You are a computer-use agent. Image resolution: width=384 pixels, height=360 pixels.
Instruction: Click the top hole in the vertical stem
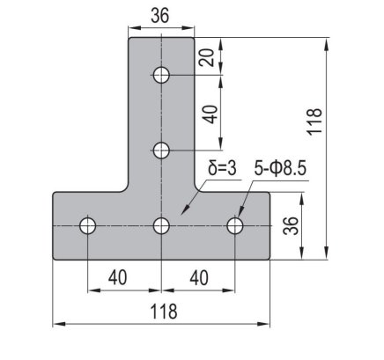161,74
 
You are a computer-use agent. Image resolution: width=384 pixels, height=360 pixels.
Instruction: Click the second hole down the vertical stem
161,150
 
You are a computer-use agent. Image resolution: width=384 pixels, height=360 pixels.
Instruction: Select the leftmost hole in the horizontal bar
87,226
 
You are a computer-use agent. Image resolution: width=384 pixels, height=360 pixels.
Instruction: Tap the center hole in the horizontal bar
161,226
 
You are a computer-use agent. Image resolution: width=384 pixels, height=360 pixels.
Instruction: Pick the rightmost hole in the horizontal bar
235,226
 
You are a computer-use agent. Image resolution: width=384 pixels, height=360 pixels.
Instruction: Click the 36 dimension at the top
161,15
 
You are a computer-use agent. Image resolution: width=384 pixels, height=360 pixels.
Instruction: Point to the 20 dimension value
205,57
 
